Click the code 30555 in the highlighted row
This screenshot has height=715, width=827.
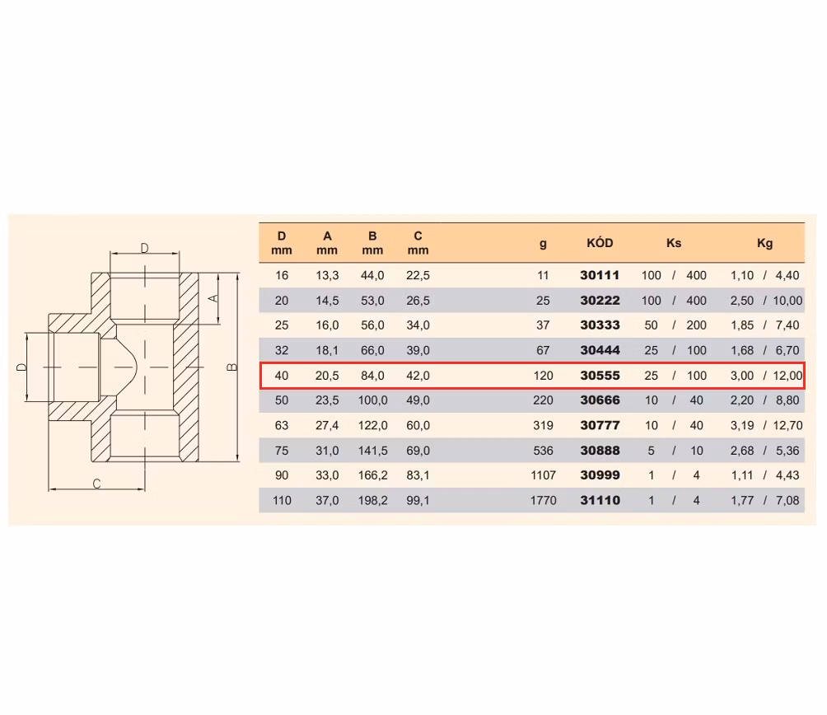(x=600, y=376)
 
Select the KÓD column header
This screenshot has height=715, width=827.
(x=600, y=243)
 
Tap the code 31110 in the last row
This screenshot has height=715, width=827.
(x=600, y=500)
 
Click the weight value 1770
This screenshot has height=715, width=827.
(x=544, y=500)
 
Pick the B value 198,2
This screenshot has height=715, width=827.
(x=373, y=500)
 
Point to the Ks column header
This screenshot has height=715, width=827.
(x=674, y=243)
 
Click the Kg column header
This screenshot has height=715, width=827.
(x=764, y=243)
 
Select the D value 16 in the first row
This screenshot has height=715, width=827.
(x=282, y=275)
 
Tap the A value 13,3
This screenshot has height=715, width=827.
(x=327, y=275)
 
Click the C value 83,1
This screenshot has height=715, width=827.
(x=418, y=475)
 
